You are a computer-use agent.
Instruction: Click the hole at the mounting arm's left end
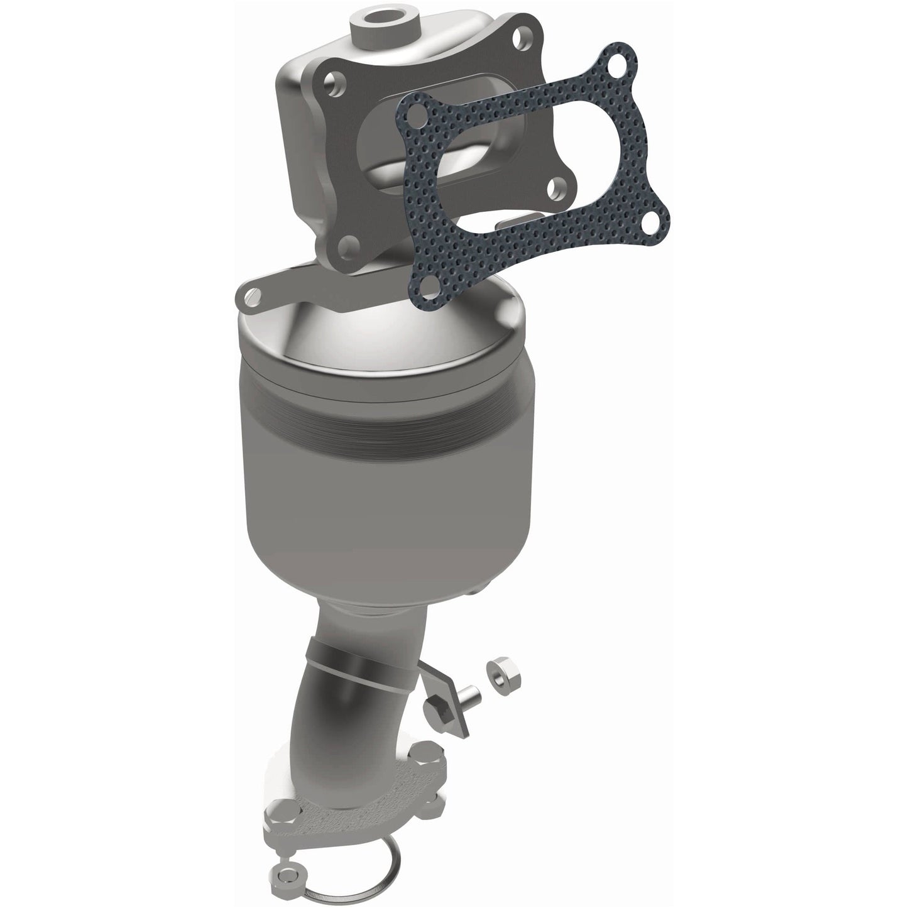251,293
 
